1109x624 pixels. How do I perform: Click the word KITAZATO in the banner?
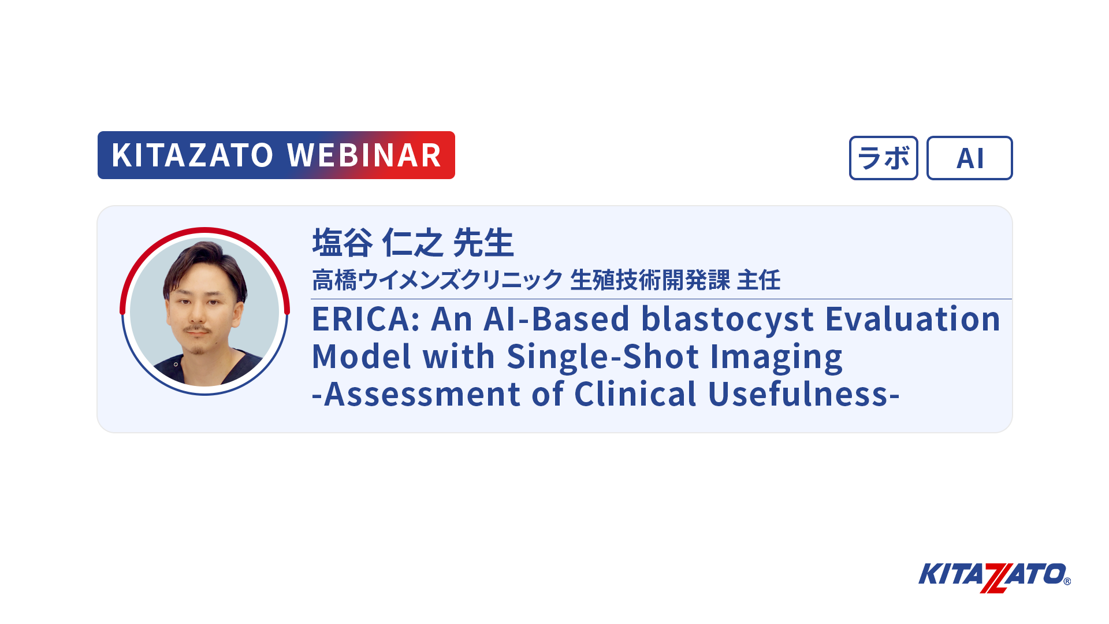(x=192, y=155)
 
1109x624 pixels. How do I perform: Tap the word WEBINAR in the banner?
(x=364, y=155)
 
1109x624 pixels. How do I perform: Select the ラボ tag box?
(x=883, y=158)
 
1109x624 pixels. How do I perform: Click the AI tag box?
(x=969, y=158)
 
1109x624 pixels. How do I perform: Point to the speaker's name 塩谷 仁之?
(x=378, y=243)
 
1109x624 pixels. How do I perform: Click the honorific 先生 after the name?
(x=483, y=243)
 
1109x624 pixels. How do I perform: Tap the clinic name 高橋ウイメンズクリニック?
(x=437, y=280)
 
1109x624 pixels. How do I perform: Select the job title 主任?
(x=759, y=280)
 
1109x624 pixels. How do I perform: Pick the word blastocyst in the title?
(x=728, y=320)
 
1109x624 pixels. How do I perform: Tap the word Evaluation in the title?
(x=913, y=319)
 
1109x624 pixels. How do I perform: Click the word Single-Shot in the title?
(x=602, y=357)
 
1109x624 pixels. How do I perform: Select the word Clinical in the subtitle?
(x=635, y=394)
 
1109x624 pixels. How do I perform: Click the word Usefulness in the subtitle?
(x=798, y=394)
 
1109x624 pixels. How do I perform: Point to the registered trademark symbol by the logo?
(x=1067, y=581)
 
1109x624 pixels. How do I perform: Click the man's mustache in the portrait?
(x=197, y=330)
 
